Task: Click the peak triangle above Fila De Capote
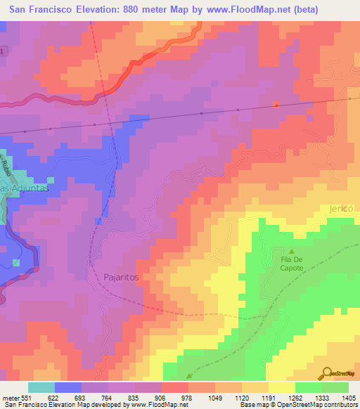point(293,252)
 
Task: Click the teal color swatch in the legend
point(41,387)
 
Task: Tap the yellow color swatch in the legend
point(281,387)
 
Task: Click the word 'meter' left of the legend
point(9,398)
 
